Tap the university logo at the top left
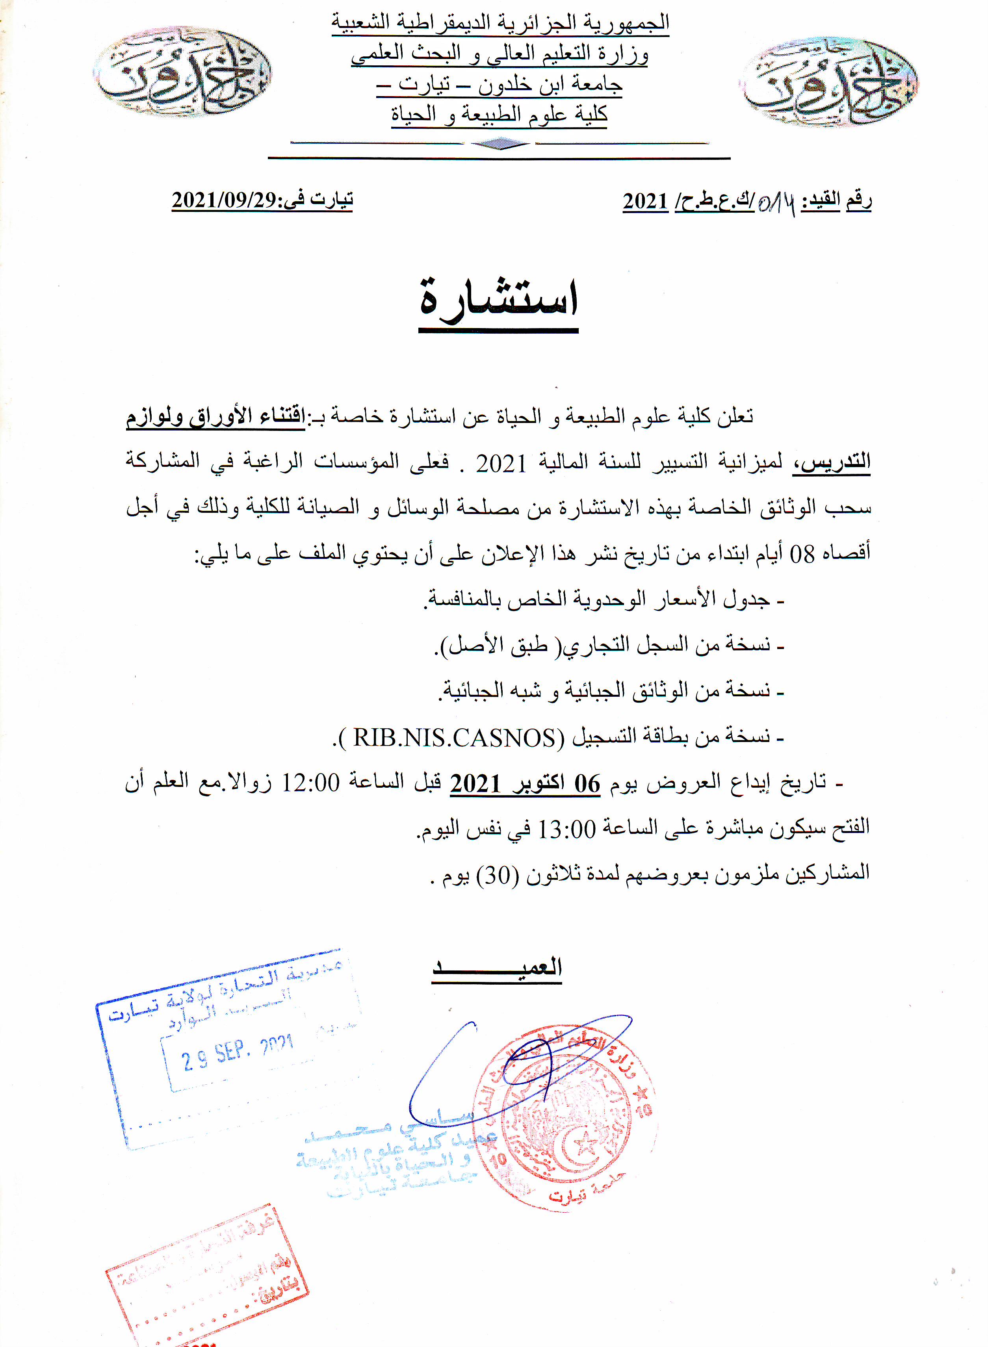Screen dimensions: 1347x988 click(182, 71)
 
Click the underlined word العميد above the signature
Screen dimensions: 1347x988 click(497, 967)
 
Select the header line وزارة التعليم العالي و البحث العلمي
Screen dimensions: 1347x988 click(500, 54)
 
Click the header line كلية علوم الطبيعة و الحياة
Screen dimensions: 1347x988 click(500, 113)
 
